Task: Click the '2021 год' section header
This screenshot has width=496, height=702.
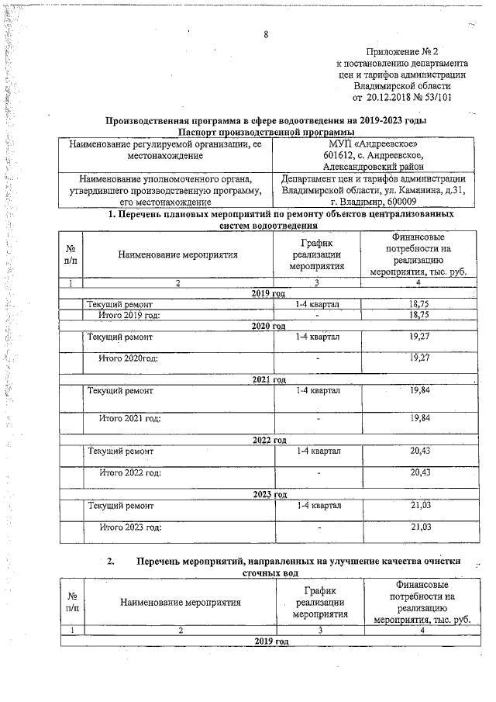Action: (269, 379)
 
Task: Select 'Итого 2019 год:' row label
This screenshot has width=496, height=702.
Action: (129, 316)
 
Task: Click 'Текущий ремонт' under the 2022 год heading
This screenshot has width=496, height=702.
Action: (120, 451)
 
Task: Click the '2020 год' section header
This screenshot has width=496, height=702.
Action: (269, 327)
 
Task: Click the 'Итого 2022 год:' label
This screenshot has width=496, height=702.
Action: (129, 472)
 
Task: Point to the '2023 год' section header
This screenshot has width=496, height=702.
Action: (269, 494)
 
